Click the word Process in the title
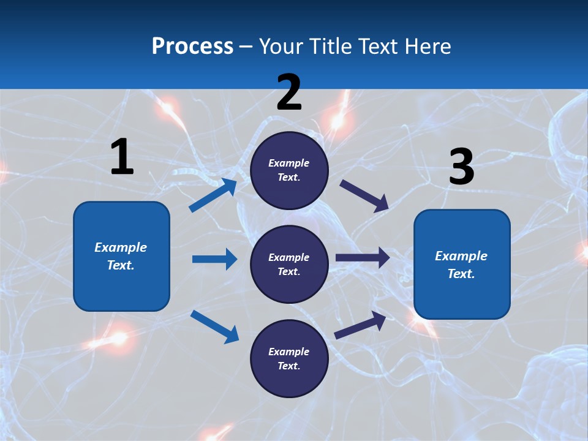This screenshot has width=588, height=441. click(192, 46)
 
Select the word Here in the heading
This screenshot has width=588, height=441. click(426, 46)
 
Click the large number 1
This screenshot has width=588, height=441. click(122, 157)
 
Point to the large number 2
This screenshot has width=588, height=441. click(289, 92)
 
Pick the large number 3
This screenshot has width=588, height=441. click(461, 167)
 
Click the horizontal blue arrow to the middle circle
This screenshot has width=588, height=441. click(214, 259)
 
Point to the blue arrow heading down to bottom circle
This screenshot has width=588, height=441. click(214, 326)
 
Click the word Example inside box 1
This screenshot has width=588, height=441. click(121, 247)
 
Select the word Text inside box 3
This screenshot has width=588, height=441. click(461, 274)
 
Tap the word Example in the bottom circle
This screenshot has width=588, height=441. click(289, 352)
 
